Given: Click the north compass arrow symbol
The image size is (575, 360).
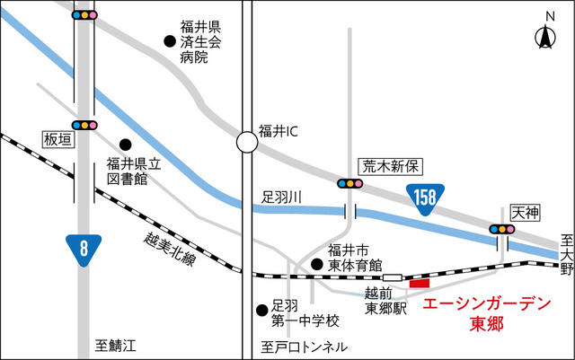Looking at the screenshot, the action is click(x=545, y=37).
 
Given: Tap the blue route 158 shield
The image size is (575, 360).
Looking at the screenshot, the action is click(x=425, y=198).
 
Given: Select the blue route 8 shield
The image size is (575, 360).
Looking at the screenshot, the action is click(x=84, y=249).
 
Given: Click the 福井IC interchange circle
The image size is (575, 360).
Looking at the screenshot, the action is click(x=247, y=142).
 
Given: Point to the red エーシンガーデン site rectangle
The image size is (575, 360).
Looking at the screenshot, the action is click(x=420, y=283).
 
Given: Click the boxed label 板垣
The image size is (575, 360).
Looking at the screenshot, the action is click(x=59, y=140).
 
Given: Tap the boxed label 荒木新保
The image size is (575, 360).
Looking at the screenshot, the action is click(x=390, y=167).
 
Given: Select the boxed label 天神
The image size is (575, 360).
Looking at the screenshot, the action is click(x=526, y=213).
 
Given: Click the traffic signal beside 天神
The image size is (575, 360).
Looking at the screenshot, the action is click(x=502, y=230).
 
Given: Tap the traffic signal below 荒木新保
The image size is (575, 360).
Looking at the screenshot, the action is click(x=350, y=183).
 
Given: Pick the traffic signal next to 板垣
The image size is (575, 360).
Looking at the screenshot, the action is click(x=84, y=126).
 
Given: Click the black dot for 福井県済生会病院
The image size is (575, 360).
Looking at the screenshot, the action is click(x=170, y=41).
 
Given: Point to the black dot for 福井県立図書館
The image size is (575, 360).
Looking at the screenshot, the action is click(x=126, y=145).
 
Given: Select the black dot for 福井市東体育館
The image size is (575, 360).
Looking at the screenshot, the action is click(x=317, y=264).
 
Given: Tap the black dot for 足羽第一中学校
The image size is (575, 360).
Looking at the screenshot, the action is click(x=261, y=311).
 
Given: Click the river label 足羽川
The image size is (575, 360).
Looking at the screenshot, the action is click(x=281, y=198).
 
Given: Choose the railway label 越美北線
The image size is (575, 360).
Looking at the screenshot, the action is click(x=170, y=249).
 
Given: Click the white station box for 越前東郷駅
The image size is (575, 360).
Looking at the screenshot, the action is click(x=393, y=277).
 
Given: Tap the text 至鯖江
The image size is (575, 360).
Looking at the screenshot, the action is click(x=116, y=346).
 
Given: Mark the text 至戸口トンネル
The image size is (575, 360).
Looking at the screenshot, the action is click(x=305, y=347).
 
